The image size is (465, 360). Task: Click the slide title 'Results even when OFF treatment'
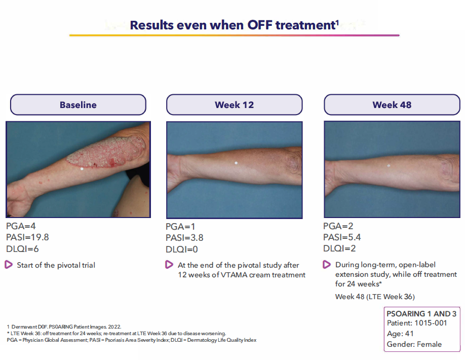234,25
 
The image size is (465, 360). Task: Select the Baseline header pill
78,105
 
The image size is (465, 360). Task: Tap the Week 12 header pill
234,105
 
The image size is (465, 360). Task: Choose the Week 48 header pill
392,105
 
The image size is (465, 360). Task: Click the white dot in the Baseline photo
82,168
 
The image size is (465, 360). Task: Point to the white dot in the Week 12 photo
236,163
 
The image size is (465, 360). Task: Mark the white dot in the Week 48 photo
389,166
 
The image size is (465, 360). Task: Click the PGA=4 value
21,227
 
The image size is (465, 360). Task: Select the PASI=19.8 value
27,237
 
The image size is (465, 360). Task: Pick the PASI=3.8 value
184,237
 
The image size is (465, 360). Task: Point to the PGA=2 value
338,227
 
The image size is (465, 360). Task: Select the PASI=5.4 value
342,237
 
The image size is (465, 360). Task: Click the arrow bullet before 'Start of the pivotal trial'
9,265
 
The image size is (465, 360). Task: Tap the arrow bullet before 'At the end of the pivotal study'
169,265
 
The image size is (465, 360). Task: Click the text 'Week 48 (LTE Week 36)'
371,297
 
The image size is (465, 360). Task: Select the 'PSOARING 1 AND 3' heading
421,314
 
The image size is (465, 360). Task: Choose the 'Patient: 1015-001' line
417,323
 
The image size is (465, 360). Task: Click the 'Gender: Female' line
414,344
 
